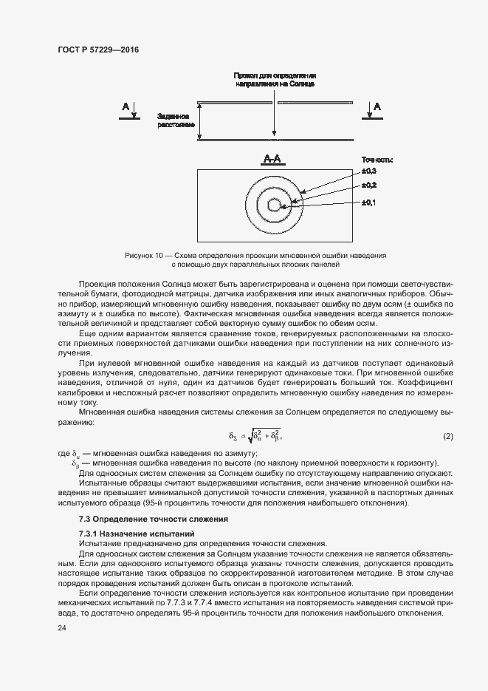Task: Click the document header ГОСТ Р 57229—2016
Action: [x=97, y=50]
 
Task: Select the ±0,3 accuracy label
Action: [x=369, y=171]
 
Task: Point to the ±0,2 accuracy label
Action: [x=369, y=185]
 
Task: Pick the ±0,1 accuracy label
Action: [x=369, y=202]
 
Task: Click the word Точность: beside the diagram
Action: [x=377, y=160]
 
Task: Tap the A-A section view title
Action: [x=274, y=158]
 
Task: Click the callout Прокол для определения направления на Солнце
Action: [x=275, y=80]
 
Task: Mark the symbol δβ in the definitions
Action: [x=75, y=463]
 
